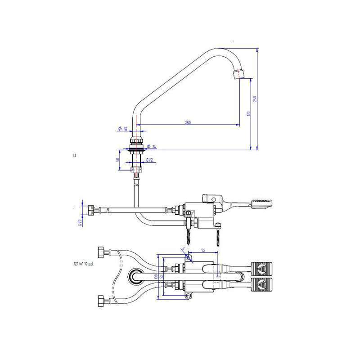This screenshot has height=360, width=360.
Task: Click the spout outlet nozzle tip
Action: pos(238,73)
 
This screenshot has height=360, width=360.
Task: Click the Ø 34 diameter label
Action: pos(152,147)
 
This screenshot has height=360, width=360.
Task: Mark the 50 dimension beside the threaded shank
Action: pos(118,160)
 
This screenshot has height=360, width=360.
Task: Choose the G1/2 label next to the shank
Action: pos(150,160)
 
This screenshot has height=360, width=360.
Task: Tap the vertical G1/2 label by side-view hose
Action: pos(79,222)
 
